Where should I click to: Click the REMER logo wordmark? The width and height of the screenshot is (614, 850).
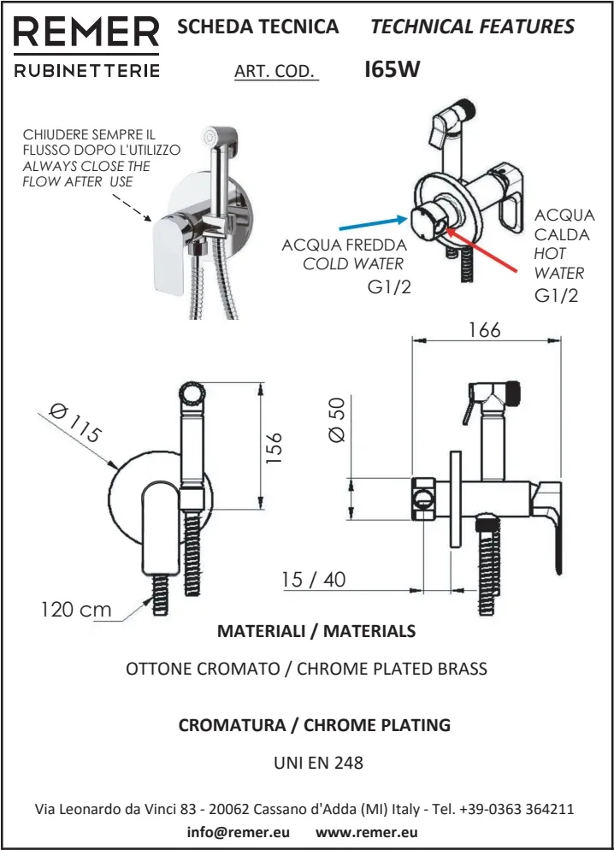[x=86, y=34]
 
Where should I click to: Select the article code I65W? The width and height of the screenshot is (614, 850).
[x=392, y=69]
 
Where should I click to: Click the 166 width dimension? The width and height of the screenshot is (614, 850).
[x=484, y=330]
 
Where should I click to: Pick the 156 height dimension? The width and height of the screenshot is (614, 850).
[x=273, y=448]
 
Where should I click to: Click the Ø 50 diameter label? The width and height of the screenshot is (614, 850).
[x=337, y=420]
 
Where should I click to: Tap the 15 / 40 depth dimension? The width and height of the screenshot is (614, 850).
[x=314, y=579]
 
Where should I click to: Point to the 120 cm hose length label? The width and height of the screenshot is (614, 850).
[x=76, y=610]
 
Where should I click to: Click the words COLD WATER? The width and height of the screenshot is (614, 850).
[x=353, y=263]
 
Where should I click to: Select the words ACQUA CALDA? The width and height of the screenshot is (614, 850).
[x=564, y=225]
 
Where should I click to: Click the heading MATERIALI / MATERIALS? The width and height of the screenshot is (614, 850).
[x=316, y=631]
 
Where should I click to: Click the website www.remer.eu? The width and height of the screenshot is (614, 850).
[x=367, y=831]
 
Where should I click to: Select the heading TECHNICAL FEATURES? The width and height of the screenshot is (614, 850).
[x=472, y=27]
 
